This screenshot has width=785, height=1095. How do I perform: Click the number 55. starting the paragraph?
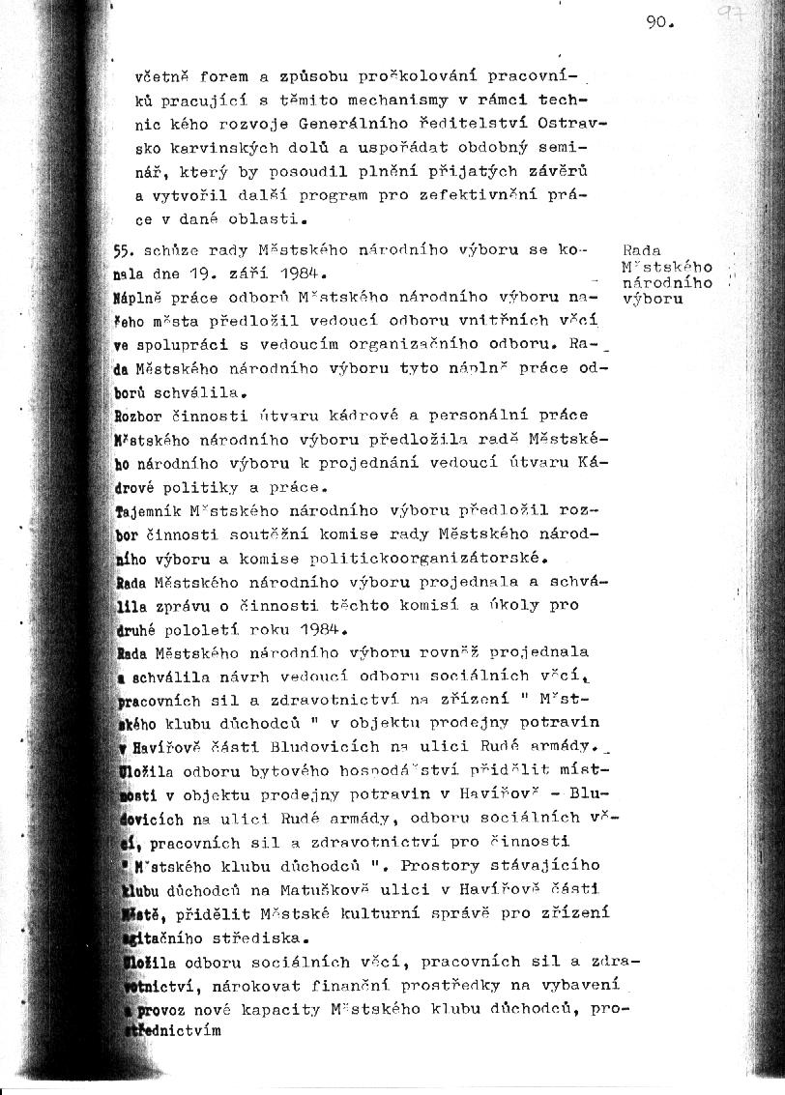(x=124, y=249)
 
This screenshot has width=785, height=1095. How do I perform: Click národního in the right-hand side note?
(x=669, y=283)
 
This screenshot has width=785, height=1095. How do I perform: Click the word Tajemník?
(x=147, y=509)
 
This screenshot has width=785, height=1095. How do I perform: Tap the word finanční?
(x=375, y=984)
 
